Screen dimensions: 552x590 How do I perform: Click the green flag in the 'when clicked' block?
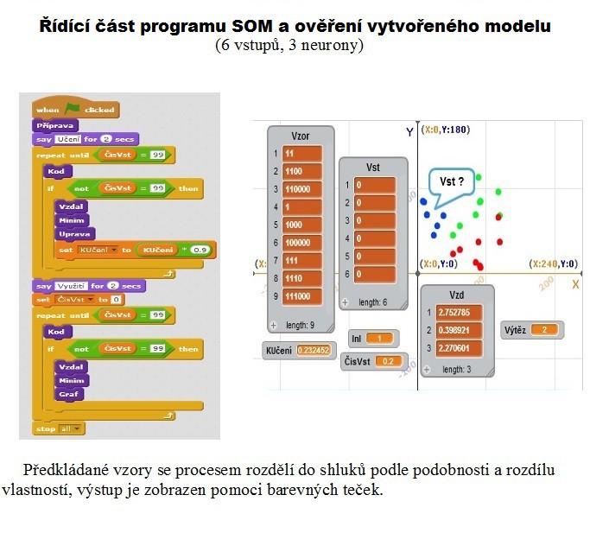[73, 109]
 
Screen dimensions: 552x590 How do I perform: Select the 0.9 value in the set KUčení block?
[201, 250]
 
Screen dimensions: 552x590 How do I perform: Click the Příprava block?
[56, 125]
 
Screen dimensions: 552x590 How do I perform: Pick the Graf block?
[68, 393]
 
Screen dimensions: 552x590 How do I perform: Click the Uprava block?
[73, 234]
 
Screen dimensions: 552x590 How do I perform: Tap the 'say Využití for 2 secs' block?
[90, 286]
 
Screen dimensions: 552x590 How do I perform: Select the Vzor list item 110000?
[301, 189]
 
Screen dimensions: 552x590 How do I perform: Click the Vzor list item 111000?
[301, 296]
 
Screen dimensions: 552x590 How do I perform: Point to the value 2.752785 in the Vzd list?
[454, 312]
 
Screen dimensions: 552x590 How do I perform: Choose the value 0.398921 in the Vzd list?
[454, 330]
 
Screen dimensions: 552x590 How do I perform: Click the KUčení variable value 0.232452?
[313, 351]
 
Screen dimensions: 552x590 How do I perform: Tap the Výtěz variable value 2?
[545, 330]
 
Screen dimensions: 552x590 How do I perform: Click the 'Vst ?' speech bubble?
[452, 182]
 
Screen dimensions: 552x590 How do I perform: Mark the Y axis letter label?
[409, 131]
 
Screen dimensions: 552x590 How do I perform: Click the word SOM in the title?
[291, 26]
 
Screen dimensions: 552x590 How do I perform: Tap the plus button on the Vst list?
[345, 303]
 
